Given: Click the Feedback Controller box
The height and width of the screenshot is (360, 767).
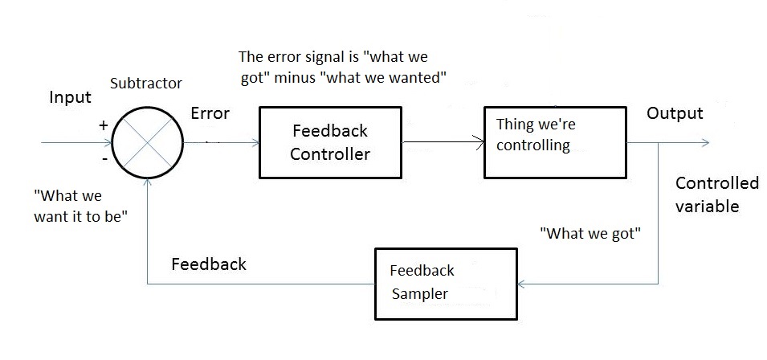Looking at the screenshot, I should point(330,142).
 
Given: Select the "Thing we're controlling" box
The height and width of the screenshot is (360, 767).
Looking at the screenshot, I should point(554,142).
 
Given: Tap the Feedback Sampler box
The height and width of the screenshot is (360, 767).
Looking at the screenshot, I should point(447,282).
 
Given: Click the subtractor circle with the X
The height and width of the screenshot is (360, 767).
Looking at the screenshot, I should point(148,144).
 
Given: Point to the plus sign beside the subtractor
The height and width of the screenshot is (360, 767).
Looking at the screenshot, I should point(103,125).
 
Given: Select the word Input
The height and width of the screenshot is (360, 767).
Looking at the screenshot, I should point(71,98).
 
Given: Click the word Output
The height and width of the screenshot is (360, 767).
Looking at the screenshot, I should point(675,113).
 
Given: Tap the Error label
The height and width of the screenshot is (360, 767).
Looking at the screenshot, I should point(210,113).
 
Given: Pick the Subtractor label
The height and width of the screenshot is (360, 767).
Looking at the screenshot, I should point(145,84).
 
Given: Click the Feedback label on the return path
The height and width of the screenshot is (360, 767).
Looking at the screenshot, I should point(209,264).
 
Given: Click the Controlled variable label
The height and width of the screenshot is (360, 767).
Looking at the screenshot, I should point(716,194).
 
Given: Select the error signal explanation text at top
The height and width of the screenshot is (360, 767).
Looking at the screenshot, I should point(343,68).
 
